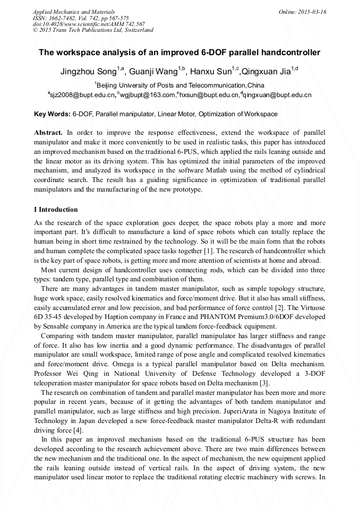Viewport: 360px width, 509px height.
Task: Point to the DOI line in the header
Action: click(89, 24)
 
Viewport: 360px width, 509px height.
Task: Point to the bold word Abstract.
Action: click(48, 132)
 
